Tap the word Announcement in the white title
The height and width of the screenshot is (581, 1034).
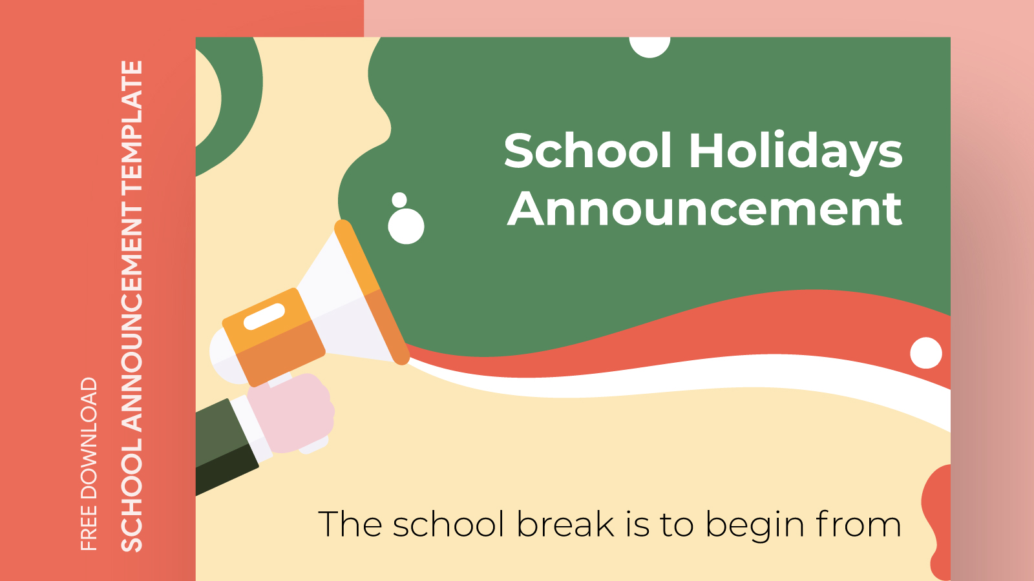704,210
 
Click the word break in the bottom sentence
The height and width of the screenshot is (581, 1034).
565,524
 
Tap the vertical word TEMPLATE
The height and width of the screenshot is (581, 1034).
132,127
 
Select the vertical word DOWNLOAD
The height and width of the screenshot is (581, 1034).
89,438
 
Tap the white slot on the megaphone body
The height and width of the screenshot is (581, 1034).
264,316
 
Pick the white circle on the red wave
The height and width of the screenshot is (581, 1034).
926,353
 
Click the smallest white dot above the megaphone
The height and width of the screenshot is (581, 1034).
399,200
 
